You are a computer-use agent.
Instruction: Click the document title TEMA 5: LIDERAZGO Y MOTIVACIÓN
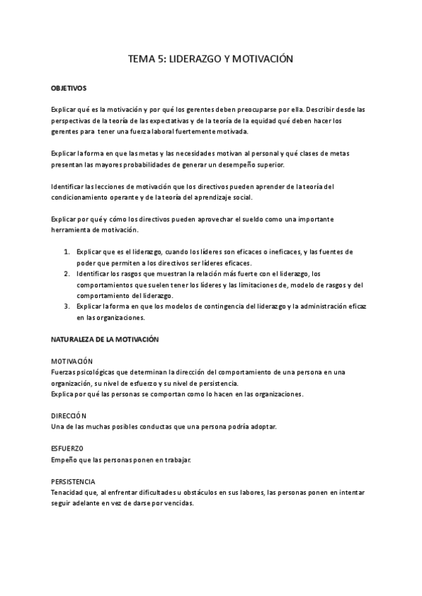[210, 60]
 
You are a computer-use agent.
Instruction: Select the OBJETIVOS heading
[68, 89]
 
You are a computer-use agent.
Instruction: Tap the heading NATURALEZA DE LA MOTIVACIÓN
[105, 339]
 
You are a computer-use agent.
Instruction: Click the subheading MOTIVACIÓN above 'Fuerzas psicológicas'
[72, 361]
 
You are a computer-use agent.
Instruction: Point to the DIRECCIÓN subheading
[69, 415]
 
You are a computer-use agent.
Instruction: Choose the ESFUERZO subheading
[68, 448]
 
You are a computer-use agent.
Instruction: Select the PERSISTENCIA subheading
[74, 481]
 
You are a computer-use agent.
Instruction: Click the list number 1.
[66, 252]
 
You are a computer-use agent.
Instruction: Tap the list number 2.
[66, 273]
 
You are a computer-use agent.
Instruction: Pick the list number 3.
[66, 306]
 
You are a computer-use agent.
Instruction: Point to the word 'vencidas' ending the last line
[176, 503]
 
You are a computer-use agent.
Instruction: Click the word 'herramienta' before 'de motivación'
[73, 231]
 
